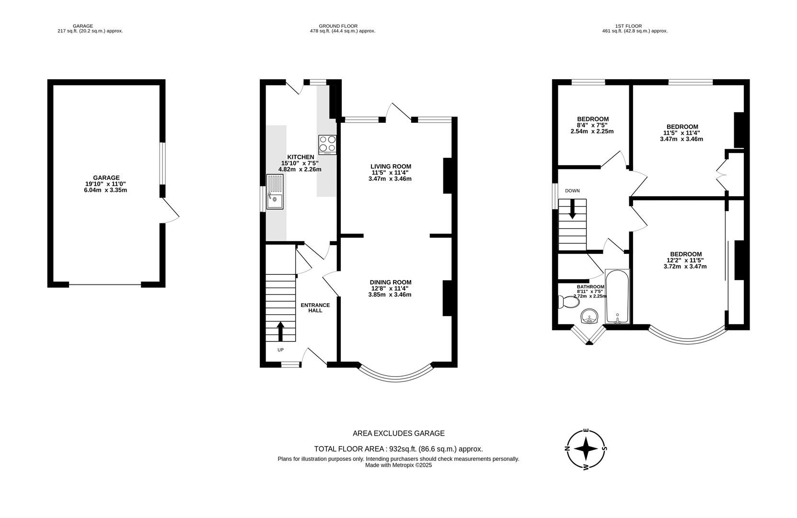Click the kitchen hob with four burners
(327, 144)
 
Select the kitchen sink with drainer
(275, 192)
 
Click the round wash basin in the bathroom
(589, 317)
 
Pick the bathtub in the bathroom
(617, 297)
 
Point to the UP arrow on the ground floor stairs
(280, 331)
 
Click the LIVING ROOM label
(391, 166)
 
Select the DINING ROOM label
(390, 282)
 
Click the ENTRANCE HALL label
(315, 307)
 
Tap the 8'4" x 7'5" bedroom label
(592, 125)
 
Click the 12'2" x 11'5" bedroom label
(685, 260)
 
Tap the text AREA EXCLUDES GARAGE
(398, 433)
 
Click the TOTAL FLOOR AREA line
(398, 449)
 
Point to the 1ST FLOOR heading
(628, 26)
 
